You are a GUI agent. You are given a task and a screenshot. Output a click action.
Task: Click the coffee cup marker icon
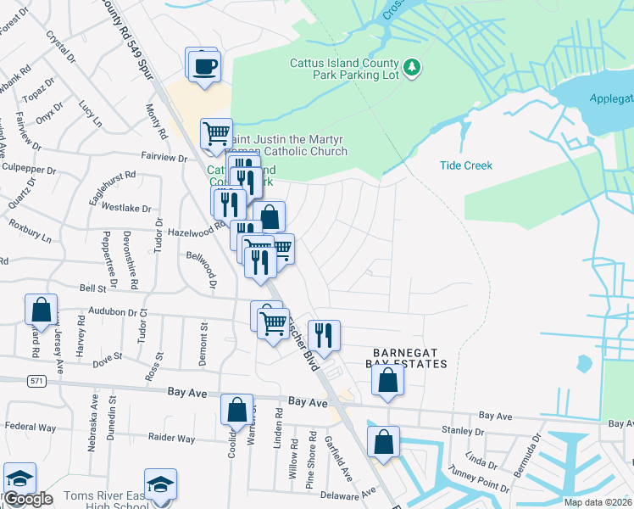pyautogui.click(x=203, y=65)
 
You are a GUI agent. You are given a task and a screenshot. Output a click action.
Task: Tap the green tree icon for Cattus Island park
pyautogui.click(x=412, y=67)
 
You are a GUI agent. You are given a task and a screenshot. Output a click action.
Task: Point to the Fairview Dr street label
pyautogui.click(x=166, y=159)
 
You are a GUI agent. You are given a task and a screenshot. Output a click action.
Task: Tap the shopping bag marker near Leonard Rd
pyautogui.click(x=41, y=311)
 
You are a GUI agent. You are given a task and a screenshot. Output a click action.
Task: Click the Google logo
pyautogui.click(x=28, y=499)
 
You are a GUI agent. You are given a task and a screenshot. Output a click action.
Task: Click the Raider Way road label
pyautogui.click(x=171, y=439)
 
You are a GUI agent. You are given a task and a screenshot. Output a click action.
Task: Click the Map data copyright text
pyautogui.click(x=598, y=501)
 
